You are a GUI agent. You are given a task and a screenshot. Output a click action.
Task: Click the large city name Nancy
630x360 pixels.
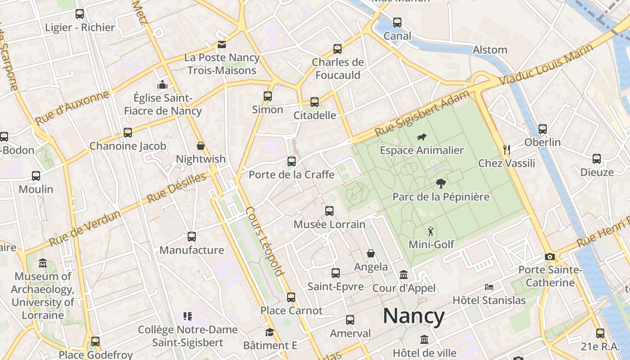pyautogui.click(x=414, y=316)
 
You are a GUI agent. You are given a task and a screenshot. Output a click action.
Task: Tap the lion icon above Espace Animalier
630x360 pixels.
pyautogui.click(x=422, y=137)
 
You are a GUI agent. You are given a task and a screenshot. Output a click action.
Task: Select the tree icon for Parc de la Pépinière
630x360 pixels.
pyautogui.click(x=441, y=183)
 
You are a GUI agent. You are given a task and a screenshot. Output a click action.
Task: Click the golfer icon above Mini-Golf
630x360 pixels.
pyautogui.click(x=431, y=231)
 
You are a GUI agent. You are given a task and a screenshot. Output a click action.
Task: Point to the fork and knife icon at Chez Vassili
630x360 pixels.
pyautogui.click(x=507, y=150)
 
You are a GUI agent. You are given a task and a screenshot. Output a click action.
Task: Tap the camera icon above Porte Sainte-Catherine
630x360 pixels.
pyautogui.click(x=549, y=257)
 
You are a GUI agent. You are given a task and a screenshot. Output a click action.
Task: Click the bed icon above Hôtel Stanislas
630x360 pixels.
pyautogui.click(x=489, y=287)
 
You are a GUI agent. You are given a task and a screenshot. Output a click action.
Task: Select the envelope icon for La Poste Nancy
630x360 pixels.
pyautogui.click(x=222, y=45)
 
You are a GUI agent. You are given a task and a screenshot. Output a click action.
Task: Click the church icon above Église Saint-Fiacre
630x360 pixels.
pyautogui.click(x=162, y=84)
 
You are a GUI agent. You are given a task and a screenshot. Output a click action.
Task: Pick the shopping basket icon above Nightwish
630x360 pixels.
pyautogui.click(x=201, y=146)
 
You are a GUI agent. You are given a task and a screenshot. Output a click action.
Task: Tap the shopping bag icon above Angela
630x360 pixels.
pyautogui.click(x=371, y=253)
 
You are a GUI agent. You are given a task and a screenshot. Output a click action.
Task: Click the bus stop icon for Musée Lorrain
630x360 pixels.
pyautogui.click(x=329, y=211)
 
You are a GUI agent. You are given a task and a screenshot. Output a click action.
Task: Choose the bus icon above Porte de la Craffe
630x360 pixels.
pyautogui.click(x=292, y=161)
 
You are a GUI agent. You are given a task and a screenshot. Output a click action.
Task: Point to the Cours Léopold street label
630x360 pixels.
pyautogui.click(x=265, y=241)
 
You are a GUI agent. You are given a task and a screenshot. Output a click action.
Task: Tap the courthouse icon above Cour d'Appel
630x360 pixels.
pyautogui.click(x=404, y=274)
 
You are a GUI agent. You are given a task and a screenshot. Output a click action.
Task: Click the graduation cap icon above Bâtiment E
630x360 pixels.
pyautogui.click(x=270, y=332)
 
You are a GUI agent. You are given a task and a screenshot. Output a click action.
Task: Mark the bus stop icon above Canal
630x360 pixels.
pyautogui.click(x=397, y=22)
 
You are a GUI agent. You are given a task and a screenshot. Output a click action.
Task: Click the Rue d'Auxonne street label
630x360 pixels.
pyautogui.click(x=72, y=108)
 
